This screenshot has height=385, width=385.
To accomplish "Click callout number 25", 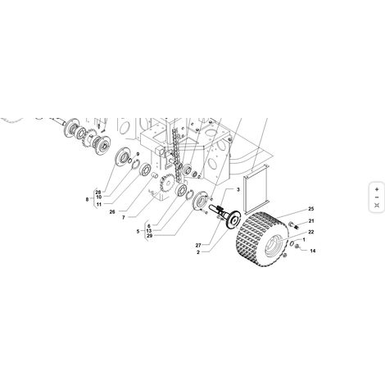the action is click(x=311, y=209).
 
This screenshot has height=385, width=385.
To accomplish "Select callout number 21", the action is click(x=311, y=221).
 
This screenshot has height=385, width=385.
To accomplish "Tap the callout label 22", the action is click(x=311, y=232).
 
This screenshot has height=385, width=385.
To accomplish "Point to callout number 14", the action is click(x=313, y=251).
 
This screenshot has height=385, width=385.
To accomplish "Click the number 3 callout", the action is click(x=238, y=189).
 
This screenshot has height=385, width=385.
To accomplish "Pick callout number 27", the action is click(x=198, y=245).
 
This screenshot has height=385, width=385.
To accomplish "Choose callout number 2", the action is click(x=198, y=252).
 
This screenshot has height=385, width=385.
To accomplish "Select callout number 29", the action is click(x=149, y=236).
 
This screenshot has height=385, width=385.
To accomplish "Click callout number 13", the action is click(x=149, y=231).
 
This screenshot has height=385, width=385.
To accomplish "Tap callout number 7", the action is click(x=124, y=218).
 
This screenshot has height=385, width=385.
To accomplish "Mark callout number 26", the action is click(x=112, y=211).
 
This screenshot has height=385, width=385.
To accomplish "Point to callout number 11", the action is click(x=98, y=204).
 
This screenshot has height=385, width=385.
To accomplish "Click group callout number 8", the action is click(x=87, y=199).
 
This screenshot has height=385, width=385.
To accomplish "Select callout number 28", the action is click(x=98, y=192).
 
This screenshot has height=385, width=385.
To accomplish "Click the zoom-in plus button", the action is click(x=377, y=189).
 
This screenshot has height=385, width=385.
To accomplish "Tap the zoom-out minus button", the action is click(x=377, y=197).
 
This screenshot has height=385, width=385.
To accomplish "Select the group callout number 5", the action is click(x=138, y=232).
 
